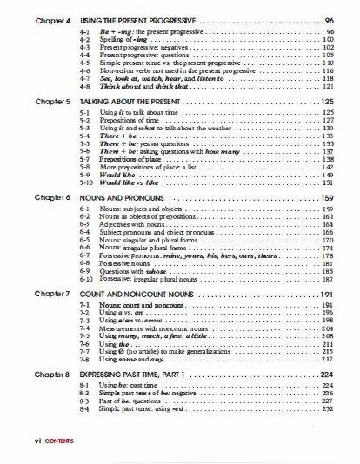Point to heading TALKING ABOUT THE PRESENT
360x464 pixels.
131,102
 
